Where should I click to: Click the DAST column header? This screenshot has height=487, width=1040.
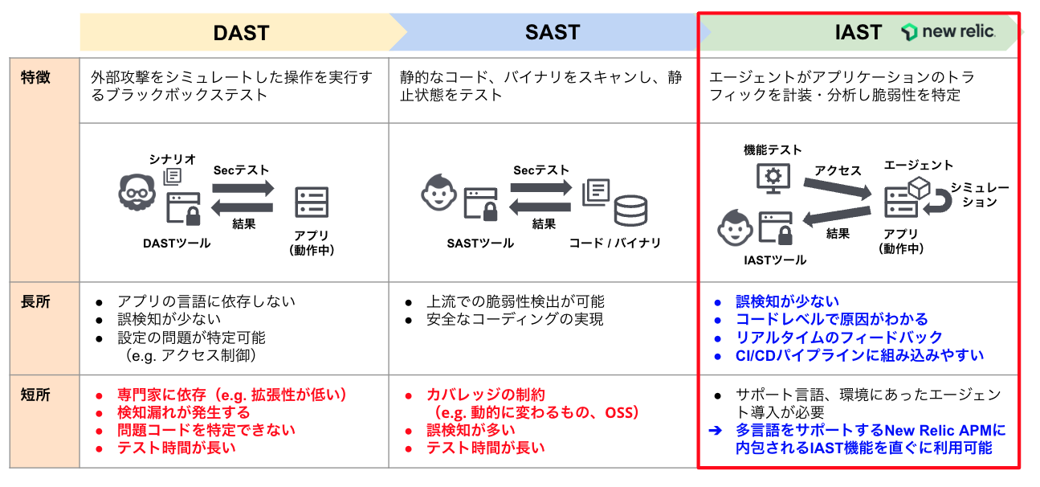pos(240,33)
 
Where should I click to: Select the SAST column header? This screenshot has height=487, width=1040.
pos(552,33)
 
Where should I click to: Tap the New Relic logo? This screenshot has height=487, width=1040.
pos(948,32)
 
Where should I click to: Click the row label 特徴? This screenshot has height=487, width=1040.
pos(35,78)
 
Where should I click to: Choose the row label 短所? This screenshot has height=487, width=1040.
pos(35,395)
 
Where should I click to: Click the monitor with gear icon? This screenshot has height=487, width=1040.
pos(772,177)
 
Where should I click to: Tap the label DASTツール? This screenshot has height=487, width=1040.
pos(177,243)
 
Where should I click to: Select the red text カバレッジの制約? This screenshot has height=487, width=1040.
pos(485,395)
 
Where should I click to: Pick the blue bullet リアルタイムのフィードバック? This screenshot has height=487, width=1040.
pos(838,338)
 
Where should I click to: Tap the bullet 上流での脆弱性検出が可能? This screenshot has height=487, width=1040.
pos(515,301)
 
